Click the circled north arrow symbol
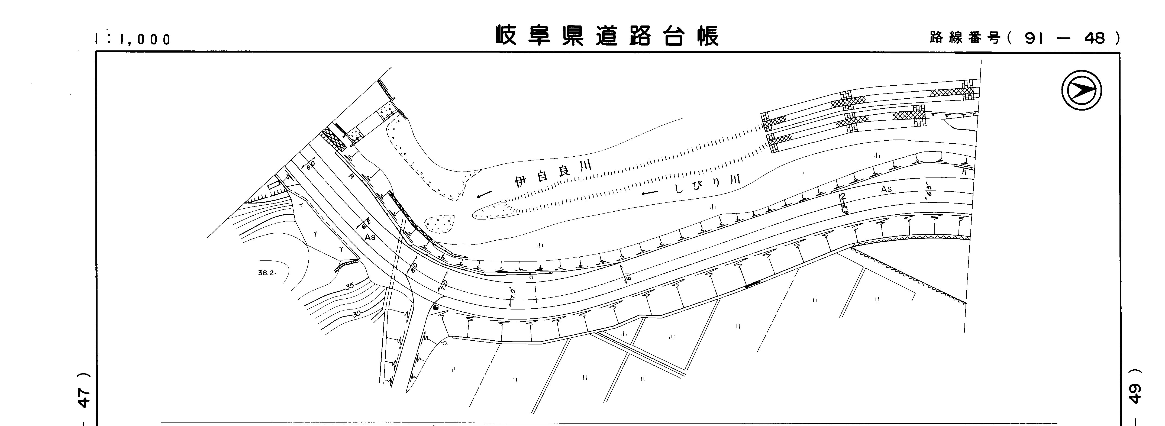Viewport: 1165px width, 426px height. (1081, 91)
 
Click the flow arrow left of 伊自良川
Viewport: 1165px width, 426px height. (484, 195)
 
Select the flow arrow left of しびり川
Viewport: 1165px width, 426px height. (650, 193)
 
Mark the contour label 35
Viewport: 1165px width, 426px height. (349, 286)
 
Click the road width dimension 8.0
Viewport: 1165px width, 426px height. (414, 268)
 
